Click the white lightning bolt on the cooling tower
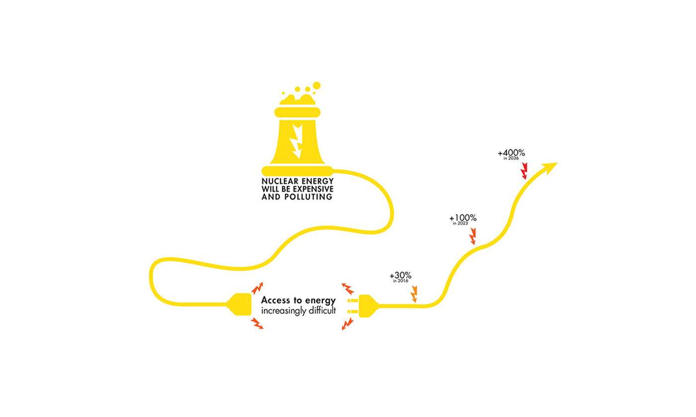point(297,141)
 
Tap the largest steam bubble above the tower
point(316,85)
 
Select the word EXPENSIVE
point(313,189)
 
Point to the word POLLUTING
point(308,197)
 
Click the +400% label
point(511,153)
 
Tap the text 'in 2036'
point(511,158)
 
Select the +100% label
point(463,218)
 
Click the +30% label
point(401,276)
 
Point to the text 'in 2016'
point(401,281)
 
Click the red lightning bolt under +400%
point(524,171)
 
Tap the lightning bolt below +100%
point(473,236)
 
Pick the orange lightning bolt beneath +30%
point(414,294)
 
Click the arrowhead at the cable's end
point(550,168)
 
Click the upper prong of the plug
point(353,301)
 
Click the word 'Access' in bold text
point(275,300)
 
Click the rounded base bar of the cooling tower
point(297,171)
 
